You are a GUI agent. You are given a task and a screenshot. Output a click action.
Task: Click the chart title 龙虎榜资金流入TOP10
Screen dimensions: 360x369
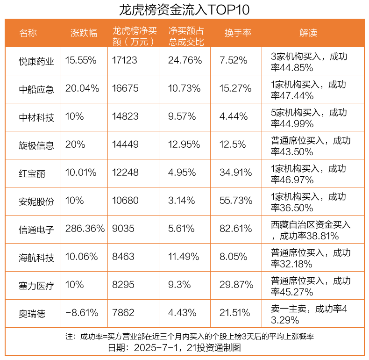tap(184, 9)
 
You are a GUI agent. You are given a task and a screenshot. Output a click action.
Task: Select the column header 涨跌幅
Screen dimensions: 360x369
tap(84, 33)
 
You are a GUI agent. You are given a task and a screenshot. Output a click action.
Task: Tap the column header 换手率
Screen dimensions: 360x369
tap(238, 33)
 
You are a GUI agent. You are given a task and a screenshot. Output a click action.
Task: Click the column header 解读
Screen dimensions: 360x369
tap(308, 33)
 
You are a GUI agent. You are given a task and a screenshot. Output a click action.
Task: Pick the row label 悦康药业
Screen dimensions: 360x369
tap(36, 61)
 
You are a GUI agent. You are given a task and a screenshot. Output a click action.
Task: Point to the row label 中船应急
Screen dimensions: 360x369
tap(36, 89)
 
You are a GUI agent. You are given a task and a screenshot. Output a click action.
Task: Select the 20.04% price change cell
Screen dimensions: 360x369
tap(82, 89)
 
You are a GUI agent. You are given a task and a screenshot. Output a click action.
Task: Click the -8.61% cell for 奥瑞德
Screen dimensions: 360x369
tap(82, 313)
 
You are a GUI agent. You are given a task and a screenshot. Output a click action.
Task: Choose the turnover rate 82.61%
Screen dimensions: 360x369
tap(236, 229)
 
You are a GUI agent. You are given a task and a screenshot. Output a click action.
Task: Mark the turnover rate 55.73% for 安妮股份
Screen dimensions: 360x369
tap(236, 201)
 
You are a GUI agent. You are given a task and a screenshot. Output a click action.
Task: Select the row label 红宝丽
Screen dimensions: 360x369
tap(32, 173)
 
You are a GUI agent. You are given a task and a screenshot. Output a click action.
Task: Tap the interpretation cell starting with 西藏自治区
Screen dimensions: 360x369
tap(311, 230)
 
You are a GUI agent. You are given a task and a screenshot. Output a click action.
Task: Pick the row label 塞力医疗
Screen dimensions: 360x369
tap(36, 286)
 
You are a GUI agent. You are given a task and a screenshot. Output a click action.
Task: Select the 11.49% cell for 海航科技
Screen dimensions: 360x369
tap(184, 257)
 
